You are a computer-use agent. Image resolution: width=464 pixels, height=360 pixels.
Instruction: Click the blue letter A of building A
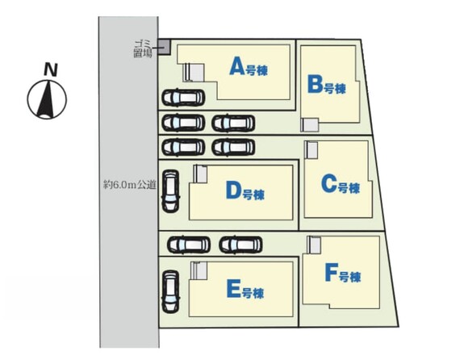tap(237, 66)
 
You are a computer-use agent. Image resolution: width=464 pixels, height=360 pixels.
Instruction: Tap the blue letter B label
tap(315, 85)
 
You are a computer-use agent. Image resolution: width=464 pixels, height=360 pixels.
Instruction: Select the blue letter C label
tap(329, 184)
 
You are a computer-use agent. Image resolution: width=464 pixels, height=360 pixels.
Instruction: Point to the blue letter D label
tap(234, 190)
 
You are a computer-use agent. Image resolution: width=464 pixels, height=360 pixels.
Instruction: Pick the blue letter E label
tap(233, 289)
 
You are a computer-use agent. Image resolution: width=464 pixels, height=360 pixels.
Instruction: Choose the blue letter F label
tap(331, 274)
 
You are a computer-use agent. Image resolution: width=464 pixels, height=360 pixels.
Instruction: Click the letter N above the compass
tap(50, 70)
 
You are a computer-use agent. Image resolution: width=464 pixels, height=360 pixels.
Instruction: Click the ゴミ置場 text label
tap(143, 49)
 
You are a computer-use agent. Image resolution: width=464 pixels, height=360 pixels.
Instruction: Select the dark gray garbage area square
tap(164, 47)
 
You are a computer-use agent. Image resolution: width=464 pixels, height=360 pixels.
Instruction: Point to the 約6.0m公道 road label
tap(130, 186)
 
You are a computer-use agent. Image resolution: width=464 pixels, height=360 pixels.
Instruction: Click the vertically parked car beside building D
tap(170, 191)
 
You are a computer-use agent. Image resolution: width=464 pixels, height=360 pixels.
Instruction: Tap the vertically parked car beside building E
tap(170, 291)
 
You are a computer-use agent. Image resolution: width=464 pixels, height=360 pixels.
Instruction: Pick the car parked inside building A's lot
tap(183, 98)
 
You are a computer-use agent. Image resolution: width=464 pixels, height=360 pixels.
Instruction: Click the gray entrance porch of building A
tap(195, 72)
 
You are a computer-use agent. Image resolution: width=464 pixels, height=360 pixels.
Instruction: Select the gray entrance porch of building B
tap(311, 125)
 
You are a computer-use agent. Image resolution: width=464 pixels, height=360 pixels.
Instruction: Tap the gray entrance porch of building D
tap(201, 174)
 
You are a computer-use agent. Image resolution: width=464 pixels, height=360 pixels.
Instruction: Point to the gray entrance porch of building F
tap(315, 245)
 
